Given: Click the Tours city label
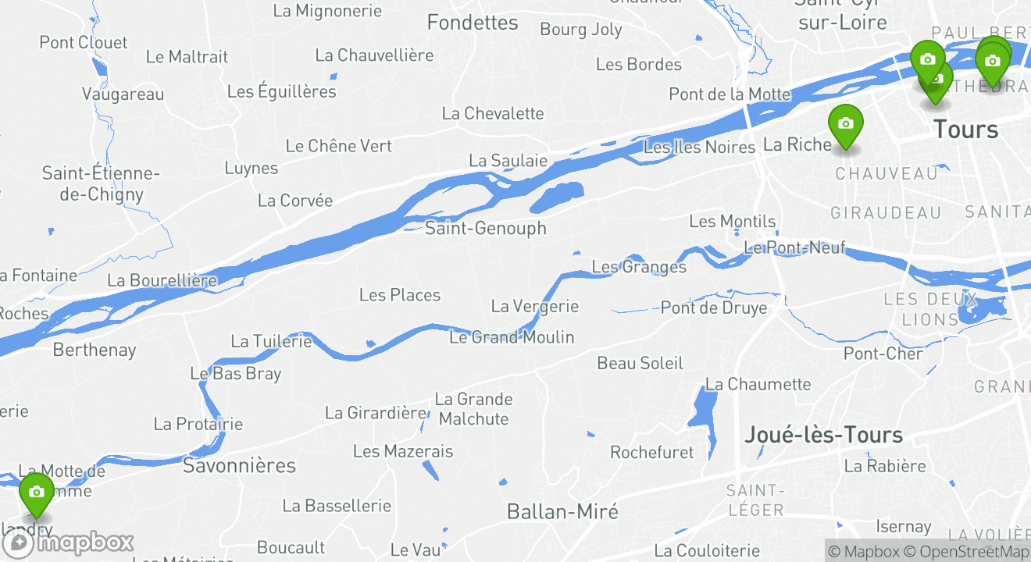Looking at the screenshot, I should coord(965,129).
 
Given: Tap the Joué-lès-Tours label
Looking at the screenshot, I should coord(823,435).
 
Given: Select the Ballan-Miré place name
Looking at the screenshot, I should coord(562,512).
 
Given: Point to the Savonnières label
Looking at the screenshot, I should coord(239,466).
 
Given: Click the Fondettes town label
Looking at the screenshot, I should coord(473,23).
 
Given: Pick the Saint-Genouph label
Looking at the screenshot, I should coord(485,228).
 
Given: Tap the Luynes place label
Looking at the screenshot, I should coord(251,168).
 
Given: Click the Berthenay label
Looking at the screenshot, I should coord(94,350).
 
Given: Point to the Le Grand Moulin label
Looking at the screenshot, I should coord(512,337).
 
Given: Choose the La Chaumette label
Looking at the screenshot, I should coord(758,384).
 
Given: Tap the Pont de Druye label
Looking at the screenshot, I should coord(713,308).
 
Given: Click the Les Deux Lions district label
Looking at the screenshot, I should coord(929,309).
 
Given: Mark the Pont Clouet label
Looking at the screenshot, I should coord(83,42).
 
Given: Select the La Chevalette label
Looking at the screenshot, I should coord(492,113).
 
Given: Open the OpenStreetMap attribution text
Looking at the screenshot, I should coord(967,551).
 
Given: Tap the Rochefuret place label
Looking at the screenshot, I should coord(651,453).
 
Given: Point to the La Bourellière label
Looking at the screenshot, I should coord(162,280).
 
